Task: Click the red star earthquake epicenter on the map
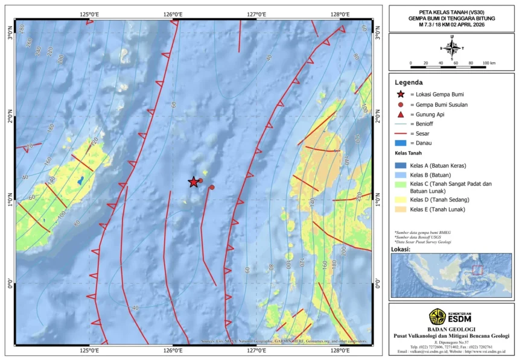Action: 193,182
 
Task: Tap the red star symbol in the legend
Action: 400,95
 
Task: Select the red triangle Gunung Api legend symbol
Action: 400,114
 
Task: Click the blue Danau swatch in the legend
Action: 400,143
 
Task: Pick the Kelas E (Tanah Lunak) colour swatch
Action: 400,209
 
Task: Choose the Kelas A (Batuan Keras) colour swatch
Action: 400,165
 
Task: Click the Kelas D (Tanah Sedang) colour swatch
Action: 400,199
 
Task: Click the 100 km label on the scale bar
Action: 489,63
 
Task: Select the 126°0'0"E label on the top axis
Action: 173,14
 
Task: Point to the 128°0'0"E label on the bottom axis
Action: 340,351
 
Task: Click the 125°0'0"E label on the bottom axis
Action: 89,351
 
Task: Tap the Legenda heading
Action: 409,82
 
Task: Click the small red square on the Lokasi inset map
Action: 477,270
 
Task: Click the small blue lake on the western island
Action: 80,180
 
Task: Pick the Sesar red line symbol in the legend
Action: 400,133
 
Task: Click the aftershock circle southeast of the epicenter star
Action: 212,188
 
